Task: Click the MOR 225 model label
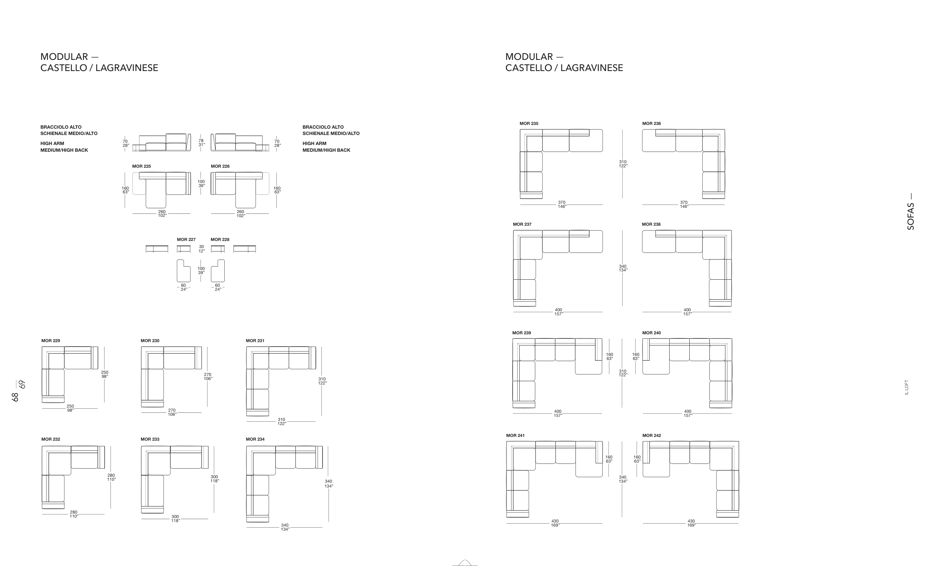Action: pos(141,166)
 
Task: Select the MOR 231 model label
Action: pos(255,341)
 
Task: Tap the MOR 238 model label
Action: pos(651,224)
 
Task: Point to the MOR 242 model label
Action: pos(652,435)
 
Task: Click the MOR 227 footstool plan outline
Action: pos(183,271)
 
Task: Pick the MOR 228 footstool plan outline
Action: pos(218,271)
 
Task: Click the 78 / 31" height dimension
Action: pos(201,143)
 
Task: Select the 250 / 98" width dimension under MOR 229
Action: pos(70,408)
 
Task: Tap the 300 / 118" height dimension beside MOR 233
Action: pos(215,479)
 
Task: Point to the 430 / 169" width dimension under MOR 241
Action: pos(555,523)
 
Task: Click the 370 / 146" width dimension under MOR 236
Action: pos(684,205)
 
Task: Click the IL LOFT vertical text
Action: pos(907,387)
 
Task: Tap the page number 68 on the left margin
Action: pos(15,397)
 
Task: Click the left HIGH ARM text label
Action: pos(52,144)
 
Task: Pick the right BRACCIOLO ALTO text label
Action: pos(323,127)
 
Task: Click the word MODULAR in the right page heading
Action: pos(529,57)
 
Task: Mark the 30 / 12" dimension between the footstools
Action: pos(202,249)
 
